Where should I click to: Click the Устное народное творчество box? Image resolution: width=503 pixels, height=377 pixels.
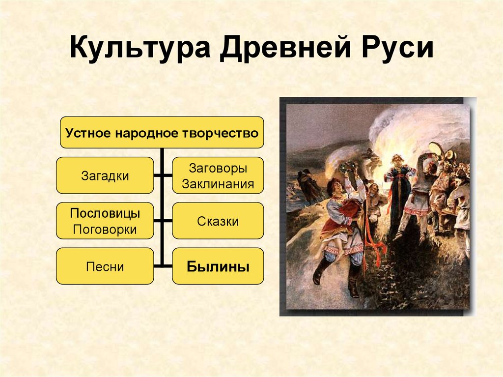pos(162,132)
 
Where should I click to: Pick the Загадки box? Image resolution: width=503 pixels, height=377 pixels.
pos(105,175)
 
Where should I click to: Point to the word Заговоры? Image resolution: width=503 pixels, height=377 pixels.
pos(218,168)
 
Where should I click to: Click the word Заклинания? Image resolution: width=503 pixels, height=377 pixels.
pos(218,184)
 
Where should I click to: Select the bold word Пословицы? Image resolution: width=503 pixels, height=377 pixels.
pos(105,213)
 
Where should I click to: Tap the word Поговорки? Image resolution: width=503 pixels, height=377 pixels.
pos(105,229)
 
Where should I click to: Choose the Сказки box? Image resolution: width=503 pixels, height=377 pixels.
pos(218,221)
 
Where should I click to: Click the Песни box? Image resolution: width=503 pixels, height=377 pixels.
pos(105,267)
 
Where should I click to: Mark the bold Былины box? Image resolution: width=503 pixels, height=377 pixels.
pos(218,267)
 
